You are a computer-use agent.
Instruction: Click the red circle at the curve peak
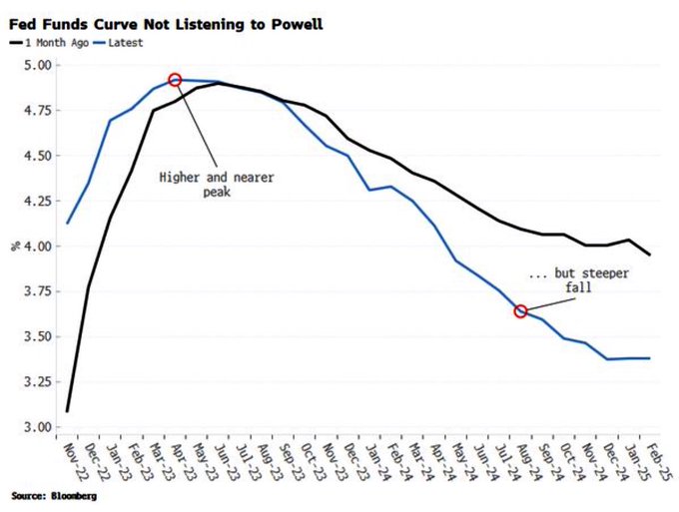click(x=176, y=80)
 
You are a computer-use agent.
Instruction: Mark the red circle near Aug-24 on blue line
click(x=520, y=311)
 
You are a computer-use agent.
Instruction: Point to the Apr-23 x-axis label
click(x=176, y=458)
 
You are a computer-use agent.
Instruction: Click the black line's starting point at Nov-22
click(x=67, y=410)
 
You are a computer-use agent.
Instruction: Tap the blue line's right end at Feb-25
click(x=651, y=358)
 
